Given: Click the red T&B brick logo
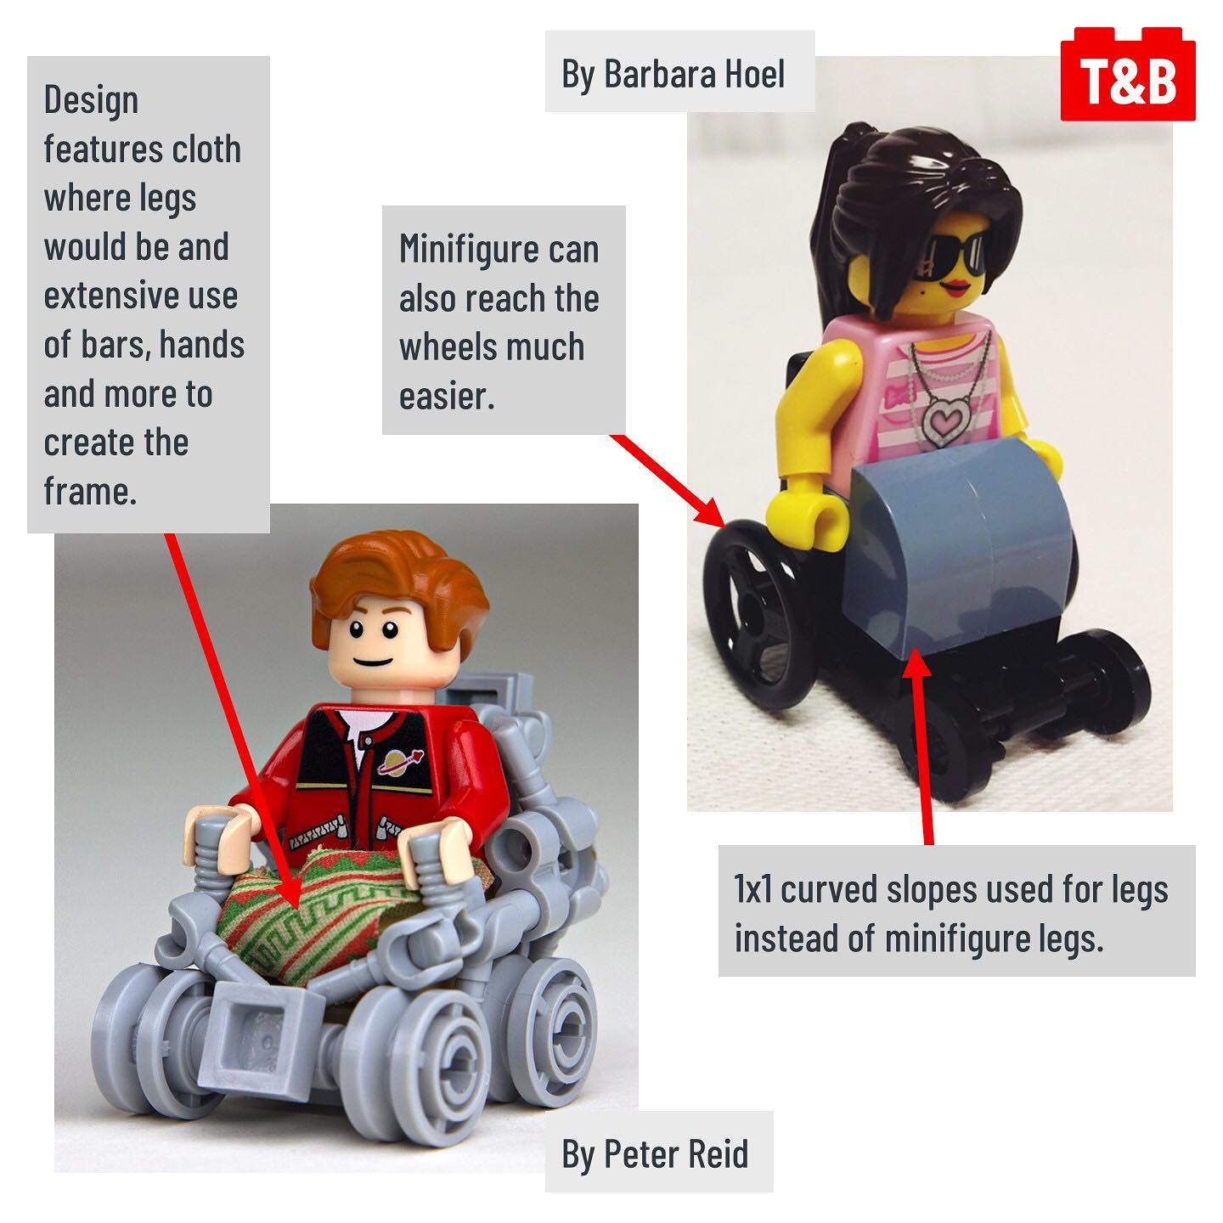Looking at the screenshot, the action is pos(1128,75).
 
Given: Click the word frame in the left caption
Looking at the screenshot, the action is pos(90,491).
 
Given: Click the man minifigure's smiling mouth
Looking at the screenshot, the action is pos(373,662).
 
